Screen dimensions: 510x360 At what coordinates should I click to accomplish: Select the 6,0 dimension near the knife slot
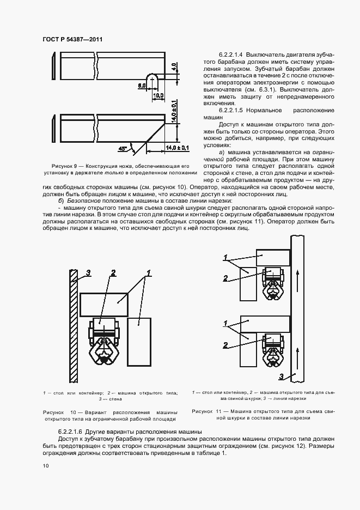click(141, 86)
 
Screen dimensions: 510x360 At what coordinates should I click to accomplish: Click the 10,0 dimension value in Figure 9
click(158, 95)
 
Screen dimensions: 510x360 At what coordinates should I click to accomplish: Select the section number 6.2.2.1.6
click(74, 432)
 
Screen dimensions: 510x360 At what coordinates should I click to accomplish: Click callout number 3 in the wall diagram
click(88, 272)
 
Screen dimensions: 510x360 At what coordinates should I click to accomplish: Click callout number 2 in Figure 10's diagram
click(113, 273)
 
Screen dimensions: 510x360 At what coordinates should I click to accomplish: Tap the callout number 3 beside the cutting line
click(280, 376)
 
